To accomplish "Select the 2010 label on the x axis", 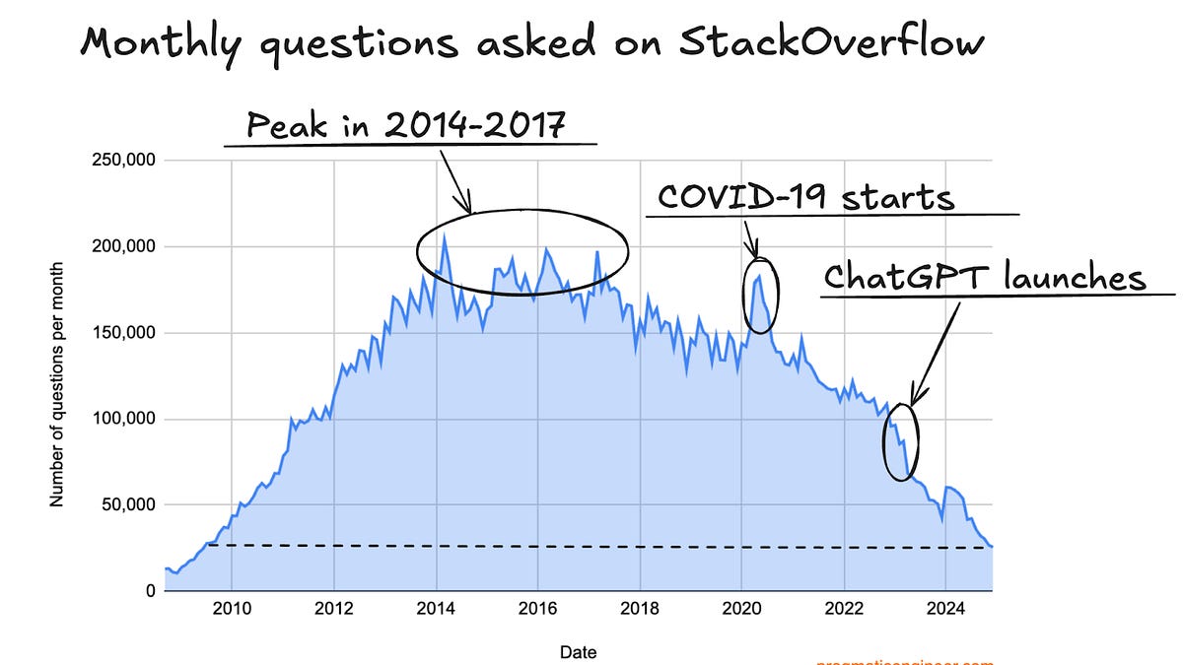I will click(231, 608).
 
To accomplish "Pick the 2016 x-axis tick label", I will click(537, 608).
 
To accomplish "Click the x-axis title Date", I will click(578, 651).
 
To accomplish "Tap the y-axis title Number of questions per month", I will click(56, 384).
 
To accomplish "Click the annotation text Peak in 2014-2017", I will click(406, 125).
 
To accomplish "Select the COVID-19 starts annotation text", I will click(805, 197).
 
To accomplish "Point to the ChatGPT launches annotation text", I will click(985, 277).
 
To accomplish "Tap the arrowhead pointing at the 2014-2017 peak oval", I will click(469, 208).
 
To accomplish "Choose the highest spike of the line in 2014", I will click(445, 236).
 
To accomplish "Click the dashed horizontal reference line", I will click(591, 546).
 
